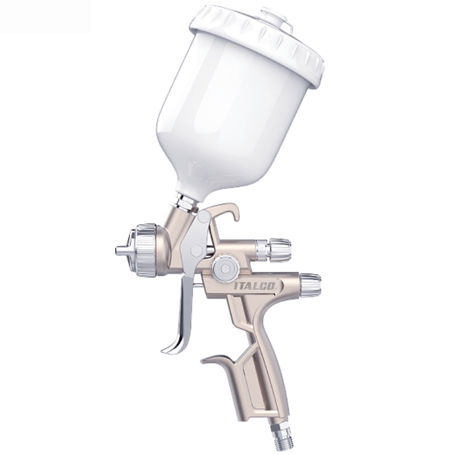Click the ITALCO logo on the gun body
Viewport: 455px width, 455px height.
pyautogui.click(x=254, y=286)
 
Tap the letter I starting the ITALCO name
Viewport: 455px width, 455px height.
pyautogui.click(x=236, y=287)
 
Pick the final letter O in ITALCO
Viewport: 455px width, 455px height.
pyautogui.click(x=272, y=286)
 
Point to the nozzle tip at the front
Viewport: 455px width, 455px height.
pyautogui.click(x=121, y=250)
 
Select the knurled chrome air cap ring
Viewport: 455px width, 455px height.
pyautogui.click(x=143, y=250)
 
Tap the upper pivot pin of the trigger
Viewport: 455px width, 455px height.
pyautogui.click(x=204, y=216)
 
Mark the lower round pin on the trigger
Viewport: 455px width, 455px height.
pyautogui.click(x=196, y=250)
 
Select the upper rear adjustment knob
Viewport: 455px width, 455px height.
pyautogui.click(x=280, y=249)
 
